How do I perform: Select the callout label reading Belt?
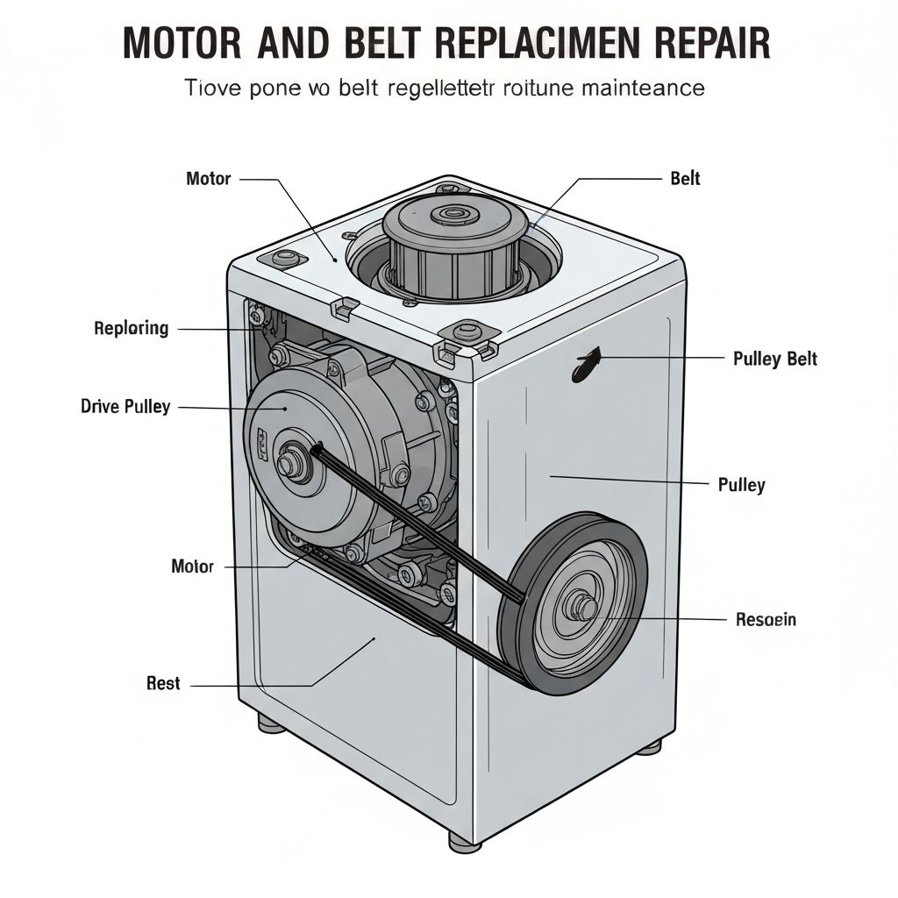[x=685, y=179]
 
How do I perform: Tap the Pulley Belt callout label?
[x=774, y=359]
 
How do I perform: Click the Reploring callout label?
[x=131, y=329]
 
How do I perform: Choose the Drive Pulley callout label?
[x=125, y=407]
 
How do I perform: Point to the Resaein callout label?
[x=766, y=620]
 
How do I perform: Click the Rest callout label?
[x=163, y=684]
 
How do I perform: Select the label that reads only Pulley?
[x=741, y=485]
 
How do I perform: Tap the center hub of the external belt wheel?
[x=581, y=607]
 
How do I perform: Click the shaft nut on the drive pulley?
[x=292, y=463]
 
